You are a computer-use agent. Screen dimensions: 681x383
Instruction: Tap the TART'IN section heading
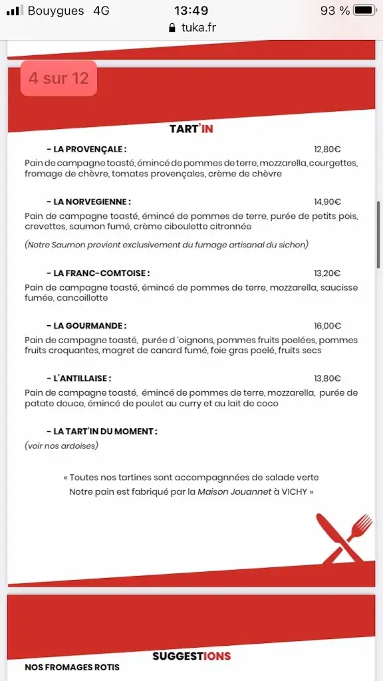pos(191,129)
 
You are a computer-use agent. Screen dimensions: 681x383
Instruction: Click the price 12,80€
pos(327,149)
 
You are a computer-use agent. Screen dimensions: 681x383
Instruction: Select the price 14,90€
pos(327,202)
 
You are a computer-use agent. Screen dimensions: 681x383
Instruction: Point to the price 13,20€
pos(327,273)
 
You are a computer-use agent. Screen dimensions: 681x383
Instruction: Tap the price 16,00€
pos(327,326)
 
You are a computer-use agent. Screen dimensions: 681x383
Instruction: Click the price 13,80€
pos(327,378)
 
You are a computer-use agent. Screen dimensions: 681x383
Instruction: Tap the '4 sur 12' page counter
pos(59,78)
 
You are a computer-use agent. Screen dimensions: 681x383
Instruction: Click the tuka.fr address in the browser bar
pos(197,28)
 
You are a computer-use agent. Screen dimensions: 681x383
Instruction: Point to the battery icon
pos(365,11)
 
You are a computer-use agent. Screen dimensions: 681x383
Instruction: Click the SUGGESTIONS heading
pos(191,656)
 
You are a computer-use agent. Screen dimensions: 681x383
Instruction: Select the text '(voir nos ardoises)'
pos(61,446)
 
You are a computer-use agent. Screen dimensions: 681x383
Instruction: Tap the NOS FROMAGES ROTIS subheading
pos(72,667)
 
